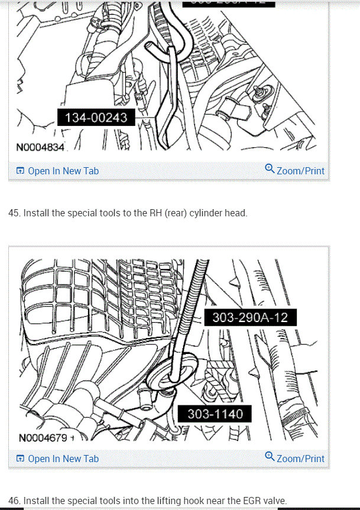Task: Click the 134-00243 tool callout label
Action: pyautogui.click(x=96, y=118)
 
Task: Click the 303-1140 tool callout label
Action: pyautogui.click(x=215, y=414)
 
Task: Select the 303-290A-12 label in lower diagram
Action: pyautogui.click(x=250, y=318)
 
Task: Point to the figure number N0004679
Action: pyautogui.click(x=43, y=438)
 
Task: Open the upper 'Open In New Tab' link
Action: pyautogui.click(x=63, y=171)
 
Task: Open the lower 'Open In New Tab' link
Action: pyautogui.click(x=63, y=459)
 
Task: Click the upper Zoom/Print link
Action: pyautogui.click(x=300, y=171)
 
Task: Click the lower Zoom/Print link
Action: pyautogui.click(x=300, y=459)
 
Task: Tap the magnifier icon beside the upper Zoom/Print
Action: pyautogui.click(x=270, y=170)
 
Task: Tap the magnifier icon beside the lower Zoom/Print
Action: pyautogui.click(x=270, y=457)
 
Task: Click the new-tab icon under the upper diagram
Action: pyautogui.click(x=20, y=171)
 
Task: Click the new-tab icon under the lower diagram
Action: pyautogui.click(x=20, y=459)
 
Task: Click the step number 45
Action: pyautogui.click(x=14, y=213)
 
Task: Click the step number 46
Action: pyautogui.click(x=14, y=501)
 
